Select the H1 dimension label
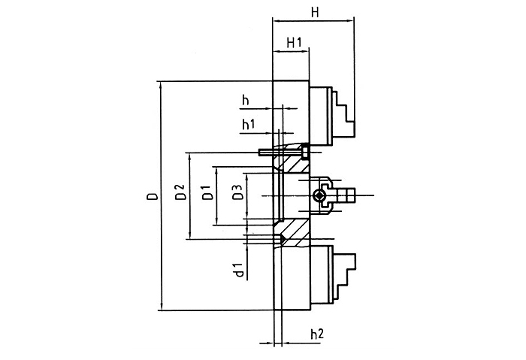tap(293, 45)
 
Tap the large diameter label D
tap(152, 197)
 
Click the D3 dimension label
tap(237, 192)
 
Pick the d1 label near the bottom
tap(237, 271)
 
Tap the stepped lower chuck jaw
tap(342, 274)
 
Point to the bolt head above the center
tap(304, 152)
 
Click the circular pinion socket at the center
tap(319, 197)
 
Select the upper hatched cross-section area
tap(295, 162)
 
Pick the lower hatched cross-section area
tap(295, 232)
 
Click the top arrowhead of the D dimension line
tap(161, 84)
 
